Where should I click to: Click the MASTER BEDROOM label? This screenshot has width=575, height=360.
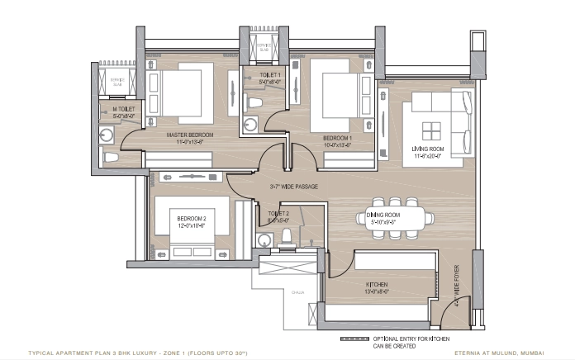(x=190, y=134)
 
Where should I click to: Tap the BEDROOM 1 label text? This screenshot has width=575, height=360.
(x=337, y=137)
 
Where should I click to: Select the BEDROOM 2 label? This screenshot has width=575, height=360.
(x=191, y=219)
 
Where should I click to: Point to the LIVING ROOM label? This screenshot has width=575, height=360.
(x=428, y=149)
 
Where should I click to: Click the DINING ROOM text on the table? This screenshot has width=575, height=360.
(x=383, y=215)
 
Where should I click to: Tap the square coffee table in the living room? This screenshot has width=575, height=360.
(x=432, y=131)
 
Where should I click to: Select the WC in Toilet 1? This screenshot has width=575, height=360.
(x=255, y=102)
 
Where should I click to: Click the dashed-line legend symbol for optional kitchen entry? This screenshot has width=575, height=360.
(x=364, y=339)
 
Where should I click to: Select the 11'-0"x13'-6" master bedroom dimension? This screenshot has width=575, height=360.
(x=190, y=141)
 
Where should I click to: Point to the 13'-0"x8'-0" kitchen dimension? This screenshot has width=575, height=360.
(x=378, y=291)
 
